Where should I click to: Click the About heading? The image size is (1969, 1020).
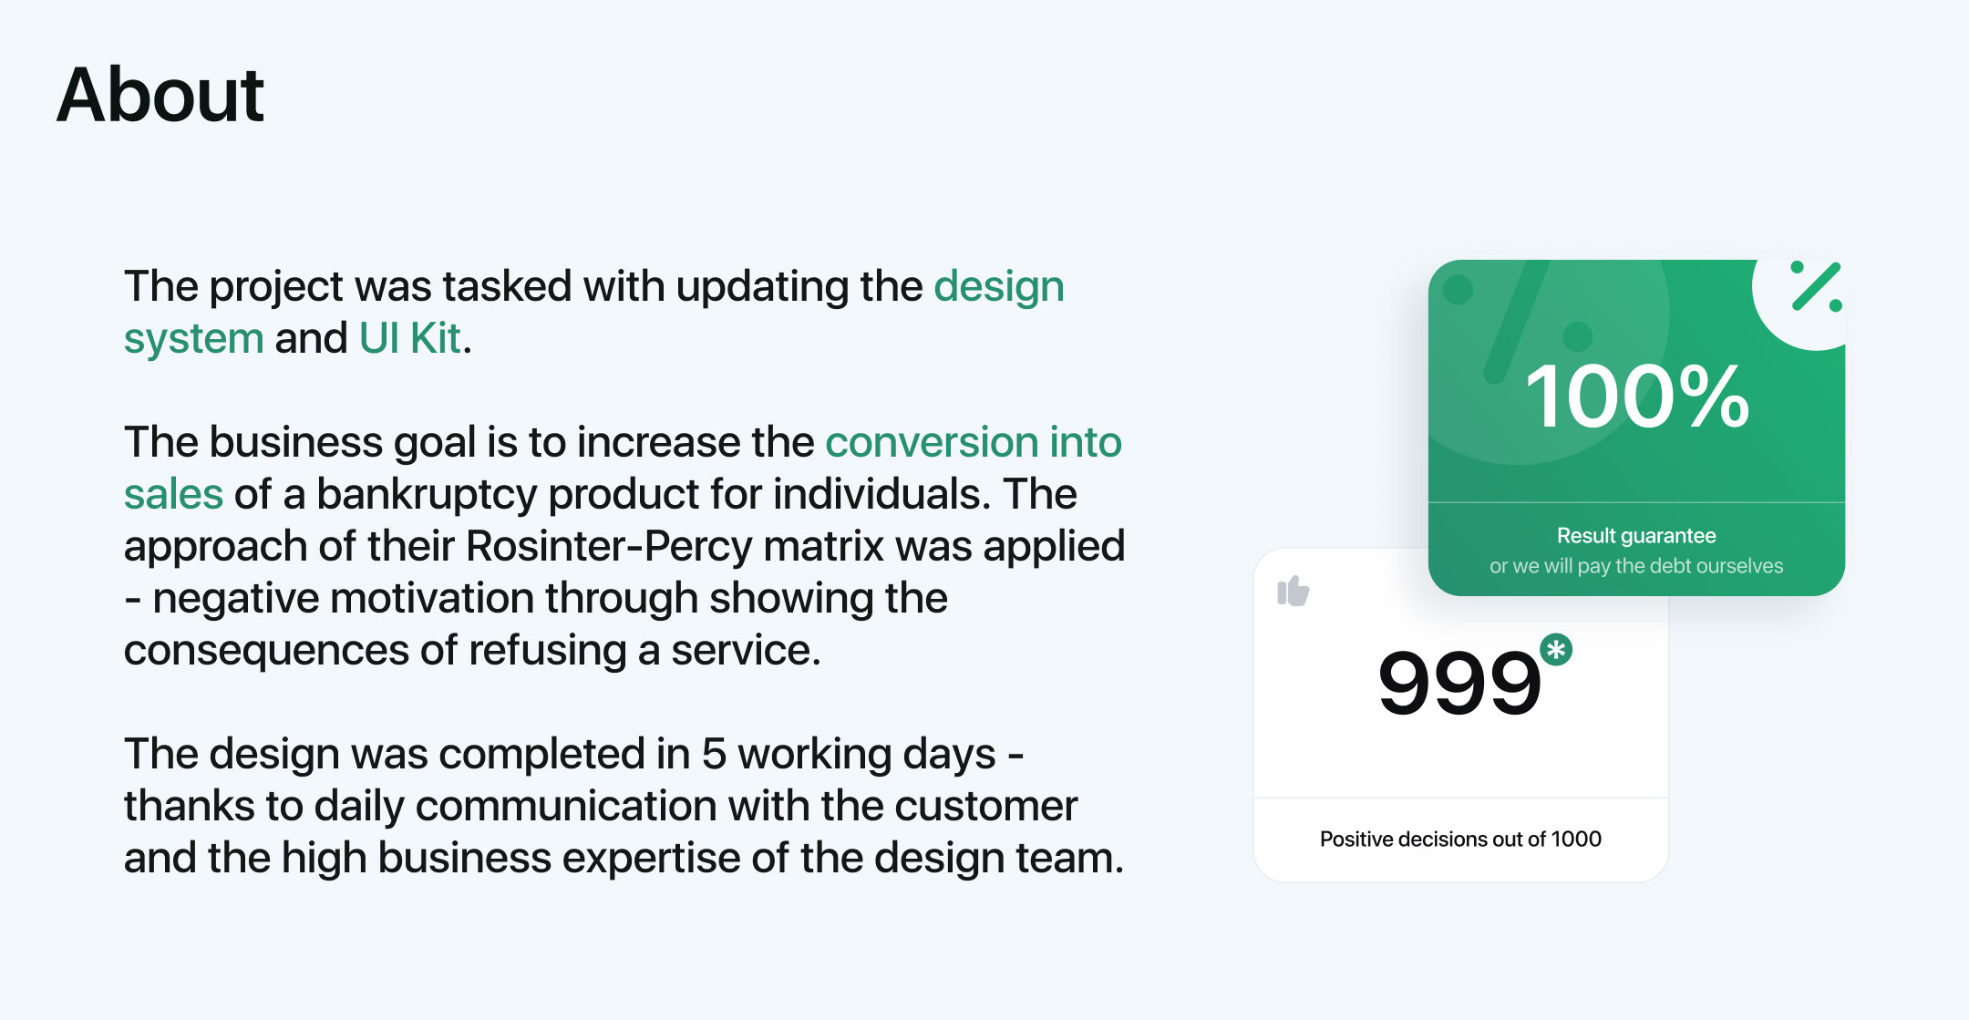pyautogui.click(x=160, y=95)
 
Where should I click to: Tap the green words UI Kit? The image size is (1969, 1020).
pyautogui.click(x=410, y=338)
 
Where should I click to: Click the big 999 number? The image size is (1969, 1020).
pyautogui.click(x=1459, y=683)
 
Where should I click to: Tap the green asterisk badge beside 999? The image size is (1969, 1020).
pyautogui.click(x=1556, y=650)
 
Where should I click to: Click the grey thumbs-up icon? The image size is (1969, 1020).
pyautogui.click(x=1294, y=592)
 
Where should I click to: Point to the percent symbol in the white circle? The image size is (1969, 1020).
pyautogui.click(x=1816, y=287)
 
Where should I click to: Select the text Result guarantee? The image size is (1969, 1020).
pyautogui.click(x=1636, y=536)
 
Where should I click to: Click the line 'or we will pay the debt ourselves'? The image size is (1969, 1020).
pyautogui.click(x=1636, y=566)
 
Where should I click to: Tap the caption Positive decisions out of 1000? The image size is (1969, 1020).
pyautogui.click(x=1460, y=839)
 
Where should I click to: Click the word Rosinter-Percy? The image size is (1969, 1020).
pyautogui.click(x=610, y=546)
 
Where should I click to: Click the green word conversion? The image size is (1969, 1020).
pyautogui.click(x=932, y=442)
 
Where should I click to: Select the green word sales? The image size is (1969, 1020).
pyautogui.click(x=173, y=494)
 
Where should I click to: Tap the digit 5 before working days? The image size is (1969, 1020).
pyautogui.click(x=714, y=754)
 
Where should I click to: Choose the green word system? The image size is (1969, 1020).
pyautogui.click(x=194, y=339)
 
